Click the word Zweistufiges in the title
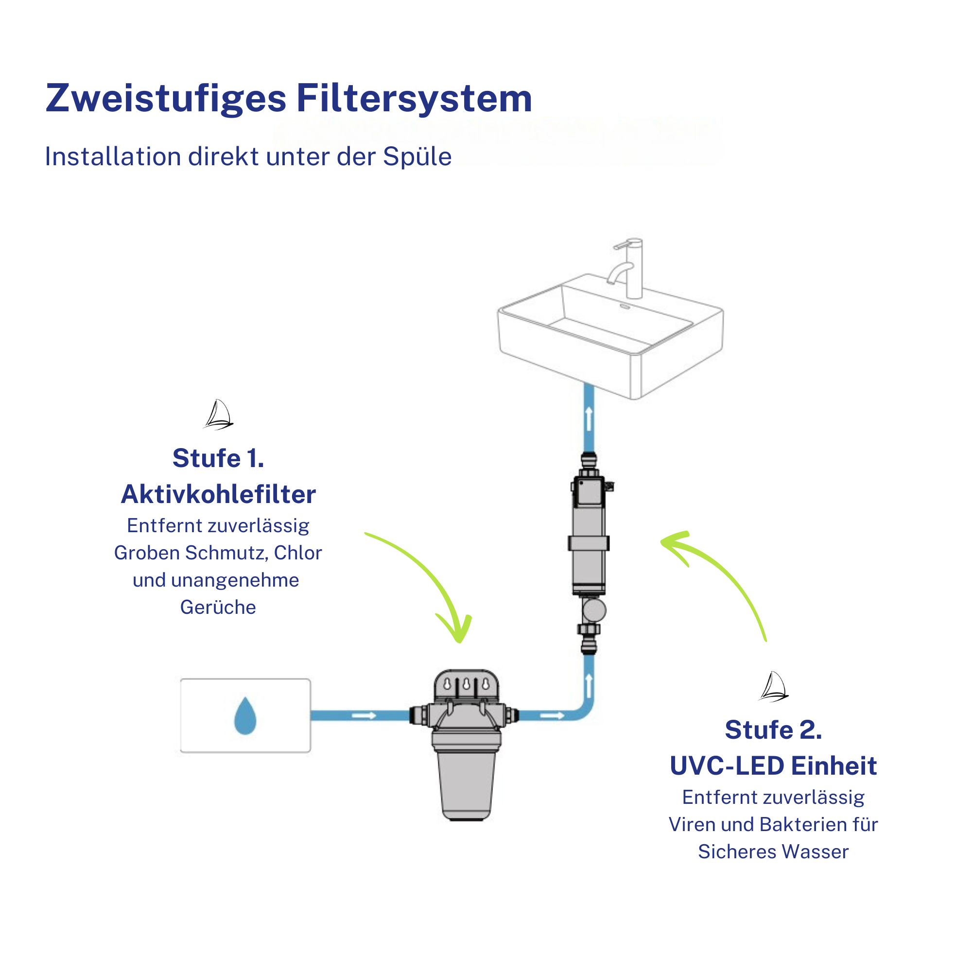166,99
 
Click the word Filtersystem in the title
414,98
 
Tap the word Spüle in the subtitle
417,156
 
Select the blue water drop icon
245,716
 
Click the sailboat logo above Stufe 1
218,415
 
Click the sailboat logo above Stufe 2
773,687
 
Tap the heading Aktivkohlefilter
218,494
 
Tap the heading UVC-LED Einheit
773,766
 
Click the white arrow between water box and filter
364,715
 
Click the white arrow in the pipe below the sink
589,418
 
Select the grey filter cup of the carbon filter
467,784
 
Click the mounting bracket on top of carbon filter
467,685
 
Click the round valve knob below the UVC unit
594,611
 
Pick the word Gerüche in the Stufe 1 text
218,607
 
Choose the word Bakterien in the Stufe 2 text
803,825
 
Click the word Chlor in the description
298,553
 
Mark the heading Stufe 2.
773,729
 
